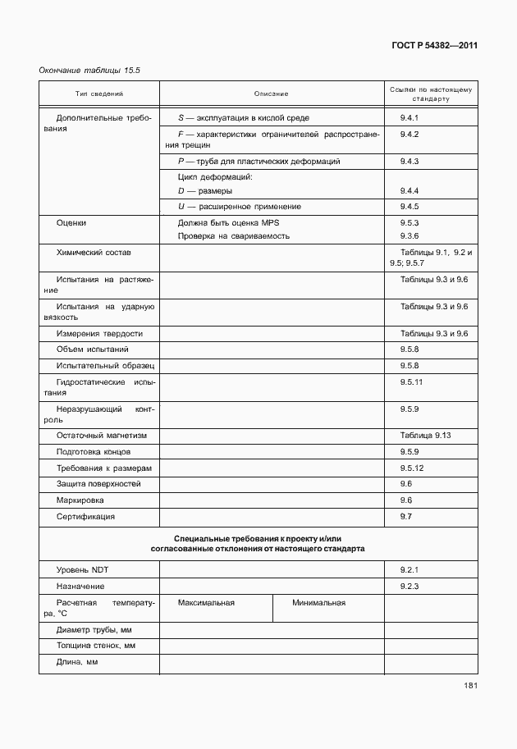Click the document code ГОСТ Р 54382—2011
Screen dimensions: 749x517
click(x=434, y=46)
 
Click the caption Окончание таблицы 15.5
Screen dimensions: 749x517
click(x=89, y=71)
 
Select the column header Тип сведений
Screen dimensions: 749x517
click(x=99, y=93)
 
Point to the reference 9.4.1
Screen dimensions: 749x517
click(x=409, y=118)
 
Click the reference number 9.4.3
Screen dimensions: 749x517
click(x=409, y=162)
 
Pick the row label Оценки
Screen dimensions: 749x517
click(x=71, y=222)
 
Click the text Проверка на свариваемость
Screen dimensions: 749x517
click(x=233, y=236)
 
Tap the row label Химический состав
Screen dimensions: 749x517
click(x=93, y=253)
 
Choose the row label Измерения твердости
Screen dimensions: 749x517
click(x=99, y=334)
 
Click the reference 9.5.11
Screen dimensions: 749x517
click(x=411, y=382)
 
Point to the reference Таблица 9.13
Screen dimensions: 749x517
click(x=426, y=435)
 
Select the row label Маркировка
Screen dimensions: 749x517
click(x=80, y=500)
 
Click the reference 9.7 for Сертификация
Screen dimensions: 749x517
click(x=405, y=516)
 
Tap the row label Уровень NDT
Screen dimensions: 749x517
click(x=81, y=569)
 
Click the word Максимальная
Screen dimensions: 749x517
click(x=206, y=602)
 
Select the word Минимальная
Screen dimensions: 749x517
click(x=318, y=602)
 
